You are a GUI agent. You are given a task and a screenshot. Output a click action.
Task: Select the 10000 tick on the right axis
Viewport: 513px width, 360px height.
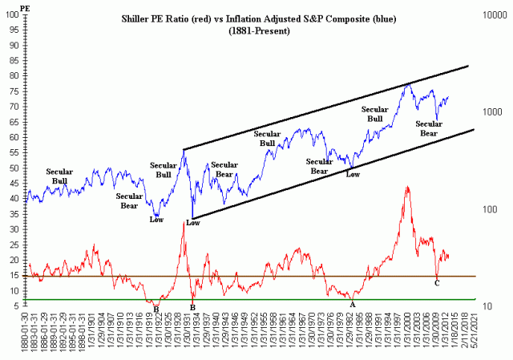pos(492,15)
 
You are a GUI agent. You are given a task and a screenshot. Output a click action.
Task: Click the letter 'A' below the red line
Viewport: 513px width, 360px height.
pos(352,305)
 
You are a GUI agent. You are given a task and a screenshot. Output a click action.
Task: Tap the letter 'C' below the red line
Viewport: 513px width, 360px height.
pos(437,283)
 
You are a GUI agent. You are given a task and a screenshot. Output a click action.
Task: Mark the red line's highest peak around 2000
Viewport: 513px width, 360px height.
pos(407,187)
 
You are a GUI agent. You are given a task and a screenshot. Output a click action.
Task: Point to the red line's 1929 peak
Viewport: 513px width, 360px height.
pos(184,222)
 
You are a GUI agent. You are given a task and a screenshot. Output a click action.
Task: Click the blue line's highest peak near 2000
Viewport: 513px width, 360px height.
pos(409,83)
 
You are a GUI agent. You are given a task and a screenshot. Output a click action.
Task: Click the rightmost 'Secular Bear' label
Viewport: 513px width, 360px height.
pos(433,128)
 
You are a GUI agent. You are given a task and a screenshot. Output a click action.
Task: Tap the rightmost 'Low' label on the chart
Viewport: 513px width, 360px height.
pos(352,173)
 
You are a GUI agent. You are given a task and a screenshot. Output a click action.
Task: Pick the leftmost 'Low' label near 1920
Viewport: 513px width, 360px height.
pos(156,220)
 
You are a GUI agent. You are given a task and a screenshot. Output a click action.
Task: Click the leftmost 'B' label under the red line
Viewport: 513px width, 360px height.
pos(156,308)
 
